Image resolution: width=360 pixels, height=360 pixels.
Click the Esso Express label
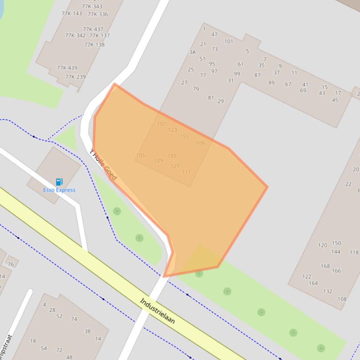(59, 190)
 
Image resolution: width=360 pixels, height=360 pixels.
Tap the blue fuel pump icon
(59, 182)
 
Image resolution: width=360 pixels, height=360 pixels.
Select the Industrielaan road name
(157, 311)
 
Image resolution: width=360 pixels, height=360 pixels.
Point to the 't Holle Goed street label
(103, 165)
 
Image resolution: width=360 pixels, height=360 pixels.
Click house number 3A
(192, 52)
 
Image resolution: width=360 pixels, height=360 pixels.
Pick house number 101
(228, 42)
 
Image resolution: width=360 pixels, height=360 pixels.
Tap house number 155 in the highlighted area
(184, 137)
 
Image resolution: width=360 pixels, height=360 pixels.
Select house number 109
(200, 143)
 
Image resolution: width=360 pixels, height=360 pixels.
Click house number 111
(186, 172)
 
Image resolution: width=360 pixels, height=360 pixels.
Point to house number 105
(140, 155)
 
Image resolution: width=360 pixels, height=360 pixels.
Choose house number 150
(337, 243)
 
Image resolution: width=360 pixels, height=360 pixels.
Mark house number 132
(328, 291)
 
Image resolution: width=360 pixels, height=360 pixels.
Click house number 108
(342, 299)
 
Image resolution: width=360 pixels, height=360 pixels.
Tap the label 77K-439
(67, 68)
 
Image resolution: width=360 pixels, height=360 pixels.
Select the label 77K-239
(75, 77)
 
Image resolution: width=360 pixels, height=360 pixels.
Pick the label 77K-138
(95, 45)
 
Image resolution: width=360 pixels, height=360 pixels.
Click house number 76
(11, 264)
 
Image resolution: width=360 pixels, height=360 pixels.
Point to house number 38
(88, 331)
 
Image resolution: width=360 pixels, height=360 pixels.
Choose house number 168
(325, 266)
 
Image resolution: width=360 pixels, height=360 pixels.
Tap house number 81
(211, 98)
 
